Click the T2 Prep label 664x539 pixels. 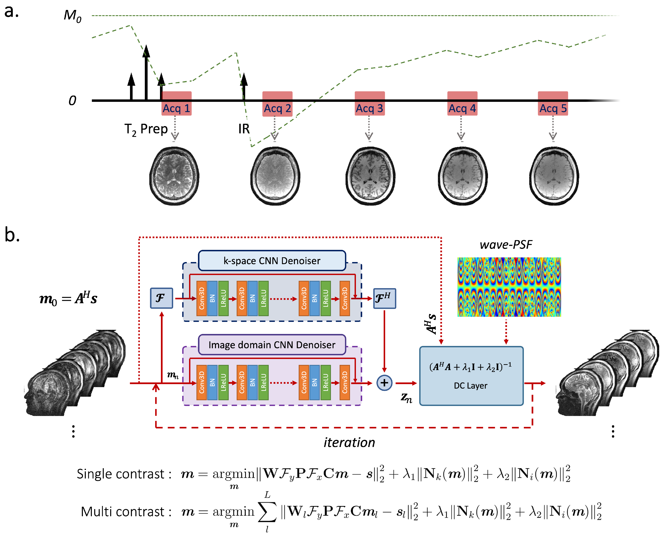pyautogui.click(x=146, y=129)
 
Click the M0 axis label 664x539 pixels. pyautogui.click(x=72, y=16)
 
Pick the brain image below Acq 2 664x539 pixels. pyautogui.click(x=275, y=176)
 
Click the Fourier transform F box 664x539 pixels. pyautogui.click(x=161, y=298)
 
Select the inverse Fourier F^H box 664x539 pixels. pyautogui.click(x=384, y=298)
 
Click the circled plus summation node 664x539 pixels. pyautogui.click(x=384, y=383)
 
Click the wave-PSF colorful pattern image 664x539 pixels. pyautogui.click(x=509, y=287)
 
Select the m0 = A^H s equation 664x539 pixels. pyautogui.click(x=68, y=299)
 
